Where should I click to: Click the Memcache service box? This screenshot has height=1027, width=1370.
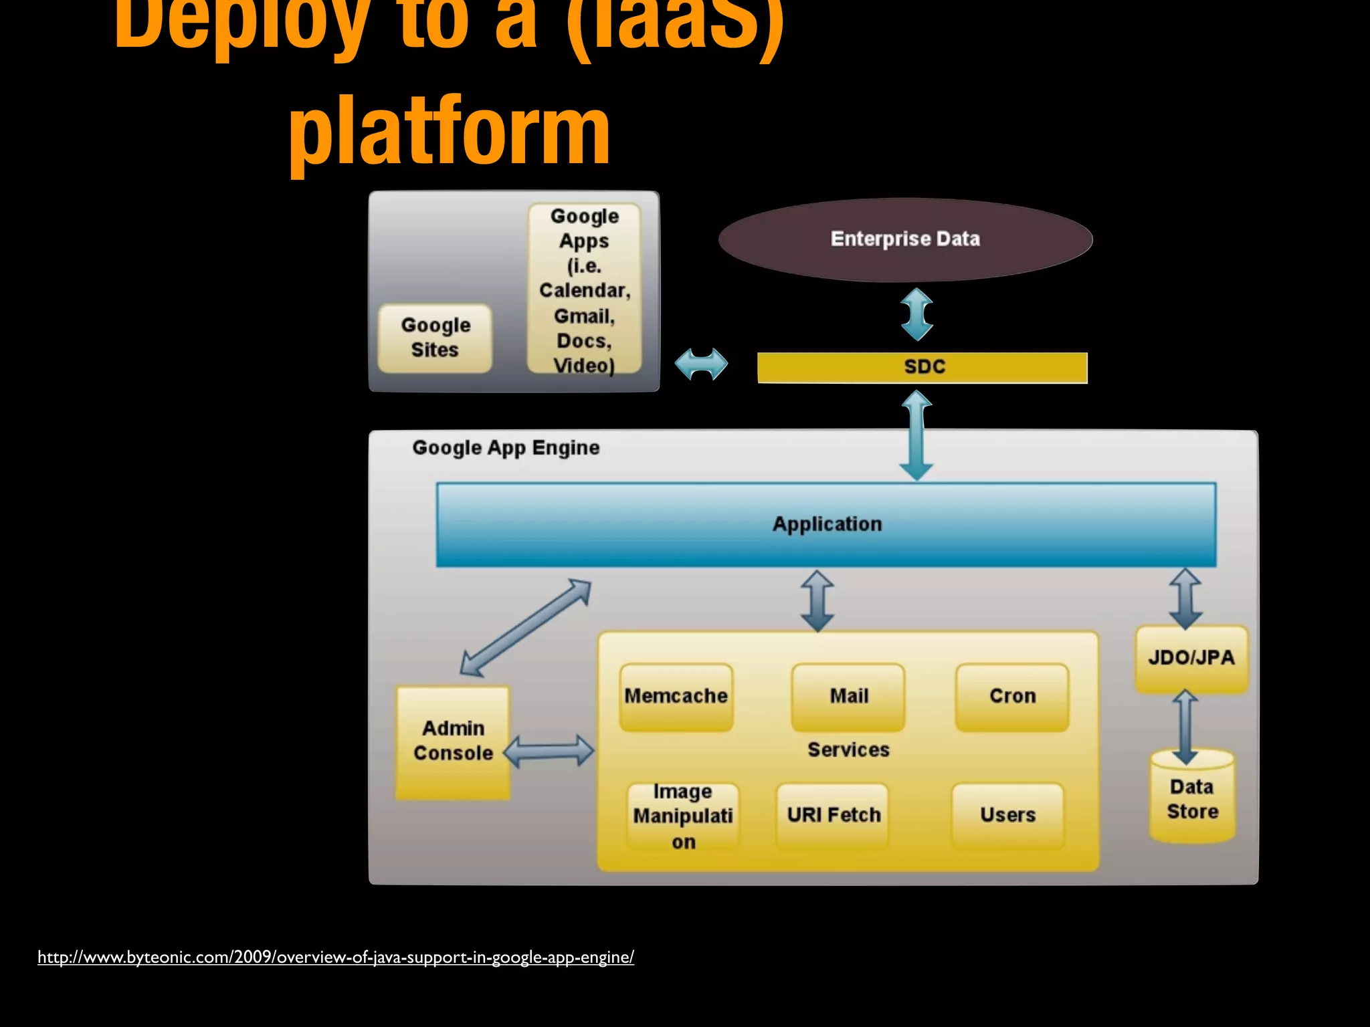pyautogui.click(x=676, y=696)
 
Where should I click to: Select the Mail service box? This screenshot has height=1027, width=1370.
pyautogui.click(x=848, y=696)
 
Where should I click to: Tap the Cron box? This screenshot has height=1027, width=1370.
pyautogui.click(x=1012, y=696)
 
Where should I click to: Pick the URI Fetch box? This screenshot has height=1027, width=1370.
pyautogui.click(x=834, y=815)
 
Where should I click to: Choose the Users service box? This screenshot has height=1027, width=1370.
pyautogui.click(x=1007, y=815)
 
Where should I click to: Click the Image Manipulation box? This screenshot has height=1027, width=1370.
pyautogui.click(x=683, y=816)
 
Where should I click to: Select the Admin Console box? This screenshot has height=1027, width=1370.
pyautogui.click(x=453, y=741)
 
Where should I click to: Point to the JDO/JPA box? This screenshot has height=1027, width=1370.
pyautogui.click(x=1191, y=658)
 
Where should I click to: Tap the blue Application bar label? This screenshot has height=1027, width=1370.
pyautogui.click(x=827, y=524)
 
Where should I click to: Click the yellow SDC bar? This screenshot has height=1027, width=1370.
pyautogui.click(x=923, y=367)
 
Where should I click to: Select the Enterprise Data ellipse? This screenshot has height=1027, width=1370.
pyautogui.click(x=905, y=239)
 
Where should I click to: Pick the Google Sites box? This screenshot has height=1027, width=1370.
pyautogui.click(x=435, y=338)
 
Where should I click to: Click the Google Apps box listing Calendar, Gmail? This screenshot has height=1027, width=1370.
pyautogui.click(x=584, y=290)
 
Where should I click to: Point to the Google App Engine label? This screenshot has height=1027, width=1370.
pyautogui.click(x=506, y=448)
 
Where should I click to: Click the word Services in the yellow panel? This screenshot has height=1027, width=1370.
pyautogui.click(x=848, y=750)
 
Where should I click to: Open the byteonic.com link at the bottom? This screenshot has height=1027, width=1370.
pyautogui.click(x=335, y=957)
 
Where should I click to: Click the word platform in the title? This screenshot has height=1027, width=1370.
pyautogui.click(x=449, y=132)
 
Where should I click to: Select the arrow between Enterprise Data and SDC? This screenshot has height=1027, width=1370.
pyautogui.click(x=916, y=314)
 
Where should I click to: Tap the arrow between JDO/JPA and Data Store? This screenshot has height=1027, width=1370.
pyautogui.click(x=1185, y=727)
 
